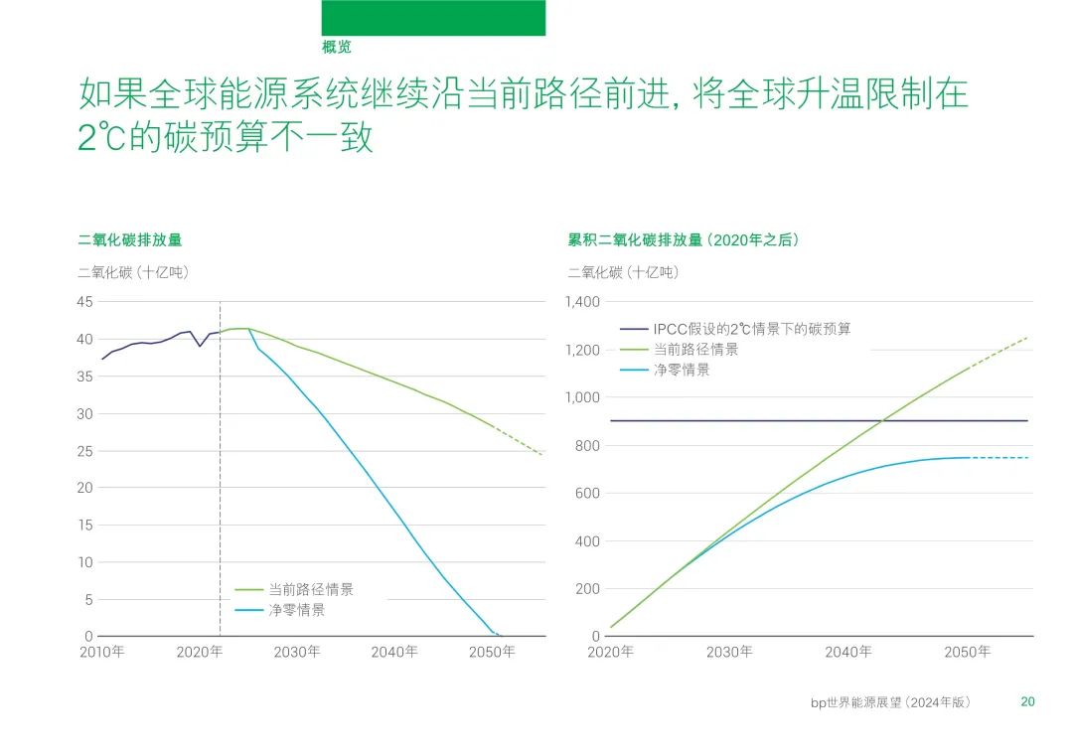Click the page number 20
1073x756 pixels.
(1028, 701)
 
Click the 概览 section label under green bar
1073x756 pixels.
(337, 47)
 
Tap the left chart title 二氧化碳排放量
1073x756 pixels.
(130, 239)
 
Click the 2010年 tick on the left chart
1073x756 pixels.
(101, 652)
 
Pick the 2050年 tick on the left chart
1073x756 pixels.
(492, 652)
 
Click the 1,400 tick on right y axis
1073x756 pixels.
(582, 302)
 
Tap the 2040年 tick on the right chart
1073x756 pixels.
(848, 652)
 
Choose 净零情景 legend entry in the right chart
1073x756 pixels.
(681, 370)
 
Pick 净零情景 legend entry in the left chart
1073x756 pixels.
(296, 610)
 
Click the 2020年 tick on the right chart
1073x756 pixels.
(611, 652)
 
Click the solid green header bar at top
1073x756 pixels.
(433, 18)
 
